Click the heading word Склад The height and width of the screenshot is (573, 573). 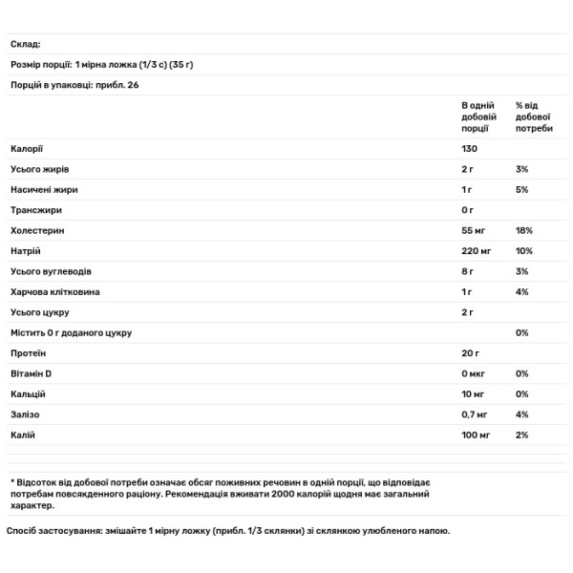(26, 44)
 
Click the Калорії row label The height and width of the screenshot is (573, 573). (28, 149)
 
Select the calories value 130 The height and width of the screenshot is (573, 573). (469, 149)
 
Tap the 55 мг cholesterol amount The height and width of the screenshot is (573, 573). (475, 231)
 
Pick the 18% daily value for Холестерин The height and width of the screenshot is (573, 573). (523, 231)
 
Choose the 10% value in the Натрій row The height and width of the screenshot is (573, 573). (523, 251)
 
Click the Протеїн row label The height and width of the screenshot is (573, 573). (29, 353)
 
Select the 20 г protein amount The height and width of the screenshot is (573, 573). (471, 353)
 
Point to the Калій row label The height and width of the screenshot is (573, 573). (24, 435)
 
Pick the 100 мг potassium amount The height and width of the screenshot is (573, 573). (477, 435)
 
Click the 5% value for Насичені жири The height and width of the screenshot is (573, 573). (521, 190)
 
